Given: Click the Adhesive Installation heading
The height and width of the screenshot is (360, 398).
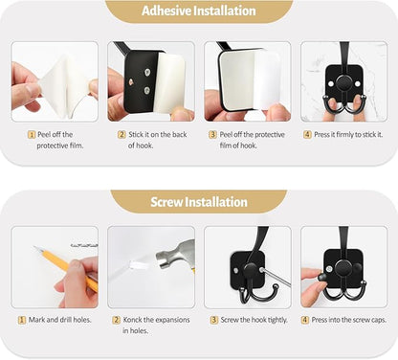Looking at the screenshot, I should [199, 11].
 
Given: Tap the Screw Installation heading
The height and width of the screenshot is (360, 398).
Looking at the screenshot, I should [199, 202].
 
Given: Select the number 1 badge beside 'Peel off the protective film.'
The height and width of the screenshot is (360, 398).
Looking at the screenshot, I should [32, 135].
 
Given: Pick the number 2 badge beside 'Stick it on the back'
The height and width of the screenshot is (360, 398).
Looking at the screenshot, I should [122, 135].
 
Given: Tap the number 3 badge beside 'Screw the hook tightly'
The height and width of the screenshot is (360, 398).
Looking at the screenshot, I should [213, 319].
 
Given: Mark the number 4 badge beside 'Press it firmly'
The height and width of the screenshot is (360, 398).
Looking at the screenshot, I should [307, 135].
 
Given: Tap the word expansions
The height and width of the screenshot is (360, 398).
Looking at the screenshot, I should [175, 319].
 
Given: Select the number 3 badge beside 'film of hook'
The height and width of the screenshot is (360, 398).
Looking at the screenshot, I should [212, 135].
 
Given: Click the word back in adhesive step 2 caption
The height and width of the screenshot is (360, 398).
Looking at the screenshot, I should [184, 135].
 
